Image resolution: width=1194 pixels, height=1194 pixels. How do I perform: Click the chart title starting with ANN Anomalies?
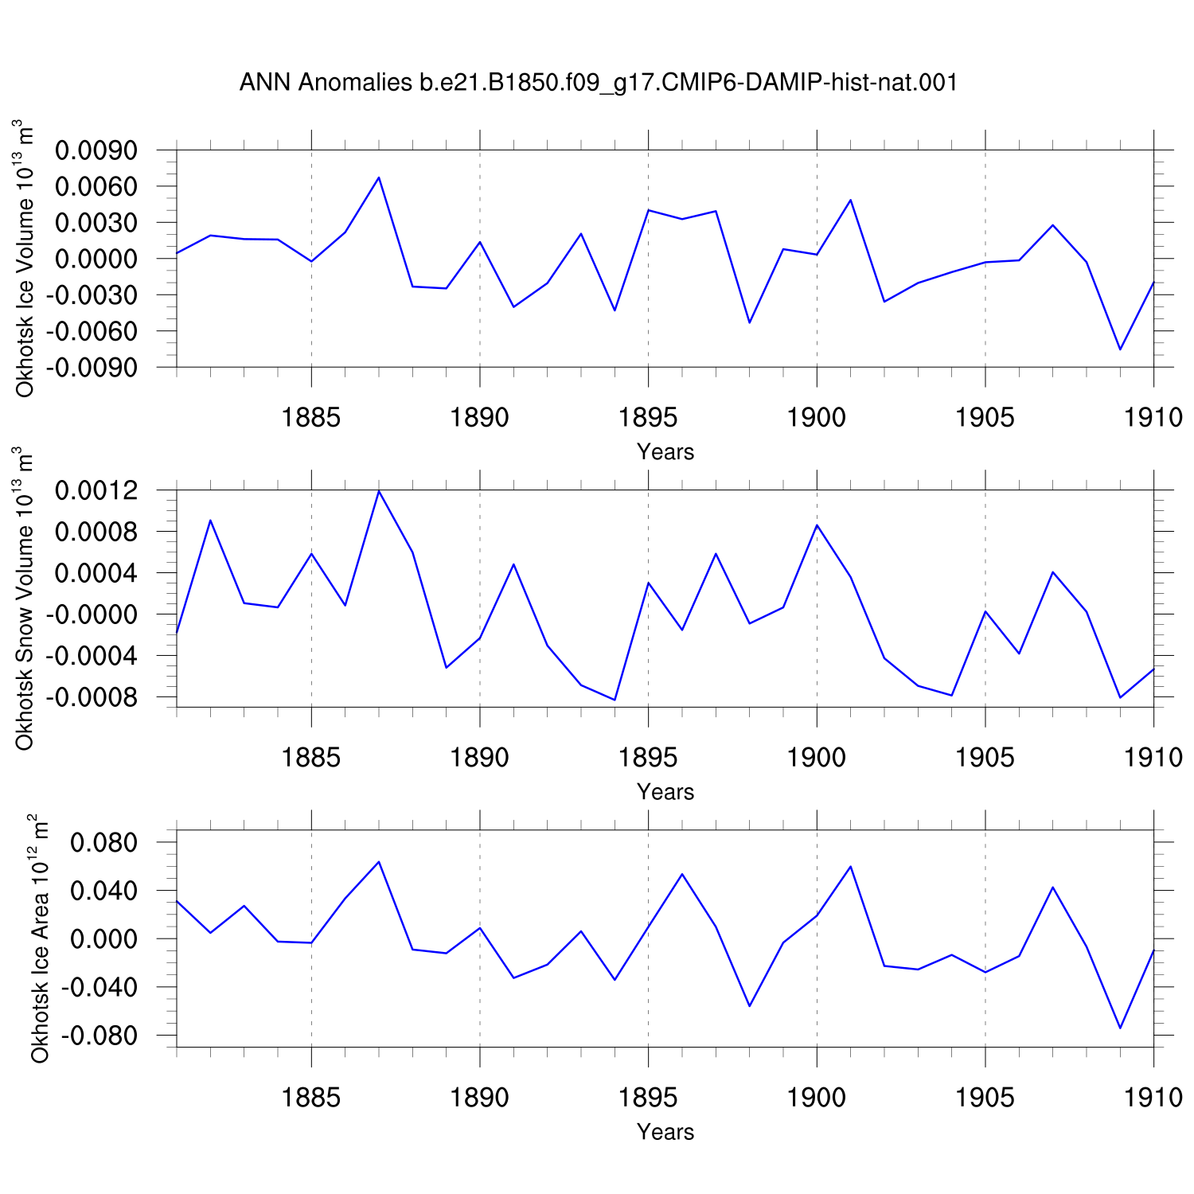coord(598,83)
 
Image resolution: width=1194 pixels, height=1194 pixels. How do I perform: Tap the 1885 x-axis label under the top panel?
coord(311,417)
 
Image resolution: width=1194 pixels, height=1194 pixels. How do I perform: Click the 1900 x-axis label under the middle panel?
coord(817,757)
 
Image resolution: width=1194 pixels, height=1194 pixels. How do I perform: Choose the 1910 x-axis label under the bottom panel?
coord(1153,1098)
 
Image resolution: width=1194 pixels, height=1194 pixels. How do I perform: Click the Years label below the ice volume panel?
coord(665,452)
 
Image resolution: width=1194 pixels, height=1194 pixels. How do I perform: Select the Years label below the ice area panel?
coord(665,1132)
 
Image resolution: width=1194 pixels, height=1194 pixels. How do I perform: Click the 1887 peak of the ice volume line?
coord(379,178)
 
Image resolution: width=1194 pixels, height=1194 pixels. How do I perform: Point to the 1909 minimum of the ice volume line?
coord(1120,349)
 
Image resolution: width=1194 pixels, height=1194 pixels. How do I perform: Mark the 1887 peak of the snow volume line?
coord(379,491)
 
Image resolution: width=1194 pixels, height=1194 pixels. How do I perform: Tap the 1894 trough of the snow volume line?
coord(615,700)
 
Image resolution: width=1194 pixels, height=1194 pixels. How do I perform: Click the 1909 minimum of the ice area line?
coord(1120,1028)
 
